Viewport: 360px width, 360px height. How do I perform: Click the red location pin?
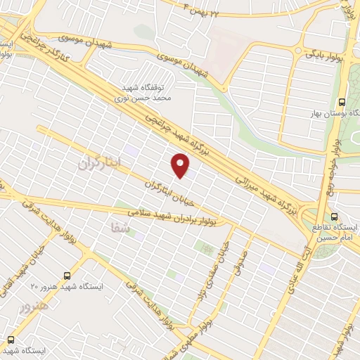[x=181, y=165]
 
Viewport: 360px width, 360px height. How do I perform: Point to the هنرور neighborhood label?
[x=34, y=307]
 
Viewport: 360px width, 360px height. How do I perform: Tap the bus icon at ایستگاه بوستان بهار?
[x=342, y=101]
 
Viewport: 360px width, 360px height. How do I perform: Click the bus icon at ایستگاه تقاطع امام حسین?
[x=333, y=217]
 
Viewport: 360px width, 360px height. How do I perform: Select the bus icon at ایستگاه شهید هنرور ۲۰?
[x=67, y=276]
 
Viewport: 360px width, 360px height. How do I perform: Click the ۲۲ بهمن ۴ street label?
[x=211, y=11]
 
